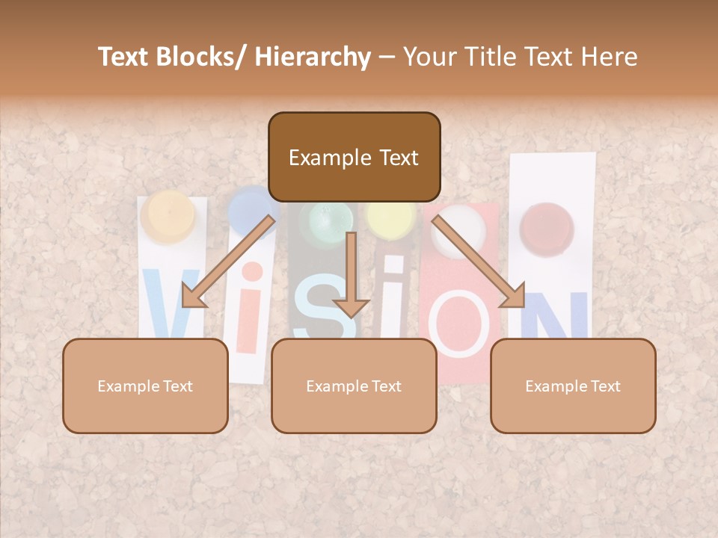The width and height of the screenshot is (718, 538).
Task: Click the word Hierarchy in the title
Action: (312, 58)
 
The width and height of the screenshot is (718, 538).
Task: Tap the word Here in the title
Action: (607, 58)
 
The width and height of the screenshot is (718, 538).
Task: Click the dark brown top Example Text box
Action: (354, 158)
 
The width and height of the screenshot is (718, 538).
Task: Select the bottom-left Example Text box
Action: (145, 386)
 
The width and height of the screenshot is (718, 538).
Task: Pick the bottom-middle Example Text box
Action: (354, 386)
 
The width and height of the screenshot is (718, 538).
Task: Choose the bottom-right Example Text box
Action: (573, 386)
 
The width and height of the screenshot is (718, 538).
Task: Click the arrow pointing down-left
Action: (228, 262)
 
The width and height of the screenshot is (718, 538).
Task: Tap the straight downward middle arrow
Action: (351, 276)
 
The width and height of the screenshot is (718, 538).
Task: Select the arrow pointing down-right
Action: (479, 262)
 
